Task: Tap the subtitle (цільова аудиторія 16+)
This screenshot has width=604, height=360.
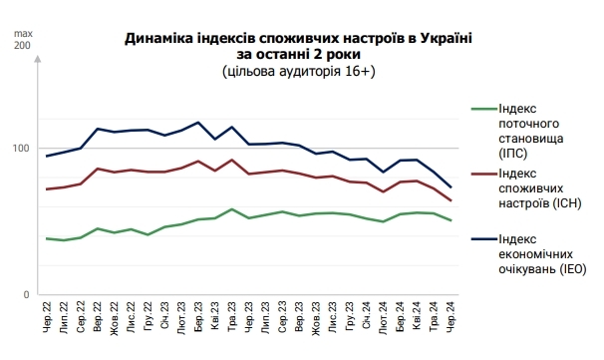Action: (300, 72)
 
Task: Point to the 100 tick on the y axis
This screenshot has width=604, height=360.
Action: (21, 149)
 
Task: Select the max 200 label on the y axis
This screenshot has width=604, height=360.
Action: (21, 40)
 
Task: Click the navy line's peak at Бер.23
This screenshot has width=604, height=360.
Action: (198, 123)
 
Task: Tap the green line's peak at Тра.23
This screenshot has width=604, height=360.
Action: (232, 209)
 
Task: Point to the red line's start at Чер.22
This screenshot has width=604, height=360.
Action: (47, 188)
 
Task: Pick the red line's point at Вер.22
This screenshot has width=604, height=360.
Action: (97, 169)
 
